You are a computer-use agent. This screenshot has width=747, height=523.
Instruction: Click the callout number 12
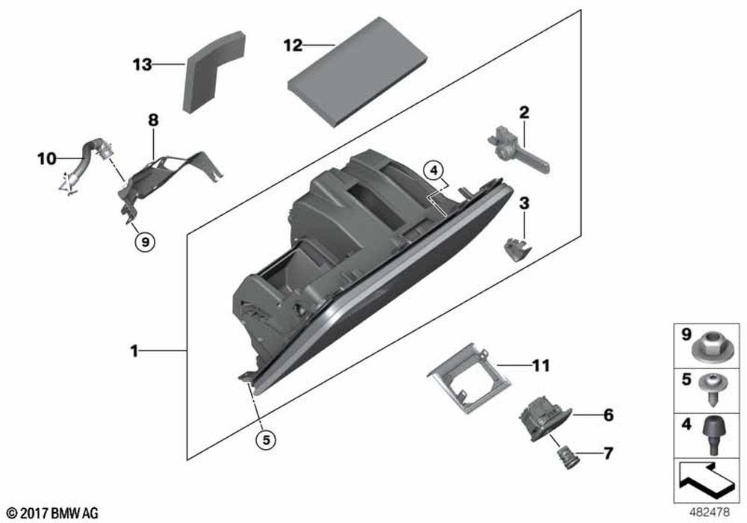coord(293,46)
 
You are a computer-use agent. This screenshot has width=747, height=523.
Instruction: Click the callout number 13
coord(142,64)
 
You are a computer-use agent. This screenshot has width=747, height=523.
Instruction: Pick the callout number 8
coord(153,120)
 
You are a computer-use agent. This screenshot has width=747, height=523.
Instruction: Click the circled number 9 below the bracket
coord(145,242)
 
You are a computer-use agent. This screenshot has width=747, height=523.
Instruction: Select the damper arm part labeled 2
coord(518,150)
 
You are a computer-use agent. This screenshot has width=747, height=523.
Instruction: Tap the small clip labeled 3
coord(517,249)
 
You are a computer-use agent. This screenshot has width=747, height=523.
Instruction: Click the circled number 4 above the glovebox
coord(433,170)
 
